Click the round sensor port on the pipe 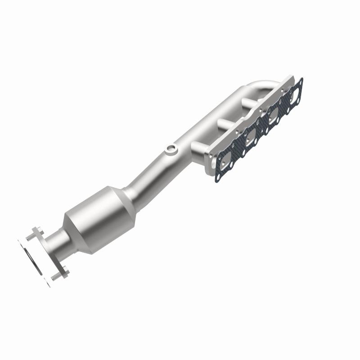pyautogui.click(x=171, y=148)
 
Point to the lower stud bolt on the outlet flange pyautogui.click(x=58, y=275)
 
